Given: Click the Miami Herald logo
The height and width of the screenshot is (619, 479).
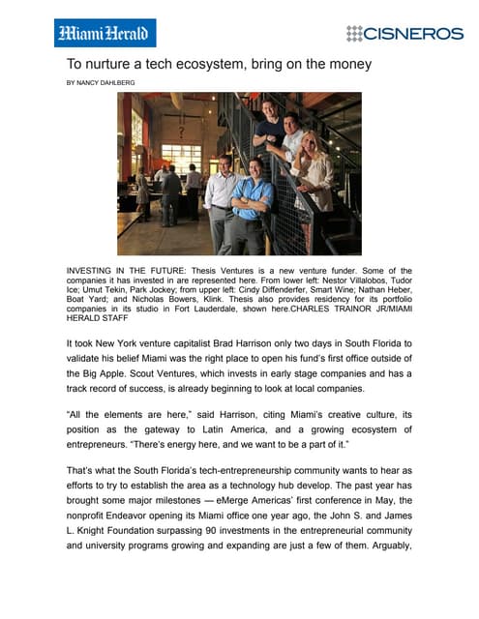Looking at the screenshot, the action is point(105,34).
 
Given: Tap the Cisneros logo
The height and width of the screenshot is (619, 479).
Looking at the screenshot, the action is point(404,33).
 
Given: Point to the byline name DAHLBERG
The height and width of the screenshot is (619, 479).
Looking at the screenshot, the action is point(114,83).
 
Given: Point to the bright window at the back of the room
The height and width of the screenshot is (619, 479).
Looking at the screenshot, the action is point(181,157).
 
